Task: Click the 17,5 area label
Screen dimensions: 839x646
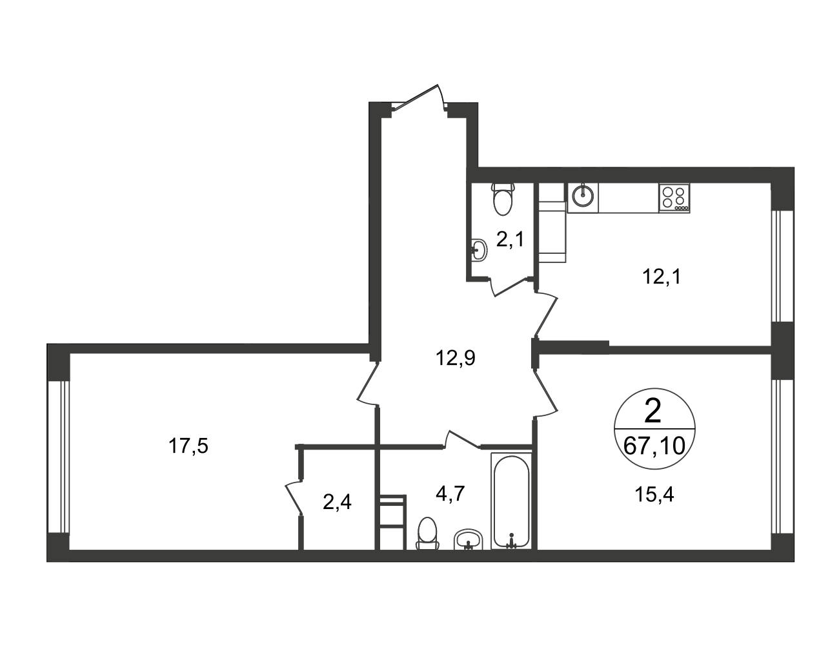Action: [188, 446]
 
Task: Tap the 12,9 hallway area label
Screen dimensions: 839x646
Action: [456, 358]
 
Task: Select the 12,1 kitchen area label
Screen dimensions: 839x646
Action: [662, 276]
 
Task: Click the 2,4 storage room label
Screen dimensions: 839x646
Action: [337, 503]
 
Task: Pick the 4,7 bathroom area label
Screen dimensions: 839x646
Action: [450, 493]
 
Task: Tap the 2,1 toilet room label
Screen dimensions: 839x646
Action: [510, 240]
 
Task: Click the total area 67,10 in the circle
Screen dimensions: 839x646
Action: [654, 446]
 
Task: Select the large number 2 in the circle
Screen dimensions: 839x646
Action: [653, 413]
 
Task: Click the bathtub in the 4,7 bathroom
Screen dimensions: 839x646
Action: [512, 501]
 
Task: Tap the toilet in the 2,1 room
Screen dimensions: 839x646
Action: [503, 200]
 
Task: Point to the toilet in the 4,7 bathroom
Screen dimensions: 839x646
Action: [427, 534]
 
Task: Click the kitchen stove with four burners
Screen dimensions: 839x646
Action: [674, 198]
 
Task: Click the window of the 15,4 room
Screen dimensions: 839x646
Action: [782, 457]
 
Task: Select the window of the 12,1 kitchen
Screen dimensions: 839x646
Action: [782, 266]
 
